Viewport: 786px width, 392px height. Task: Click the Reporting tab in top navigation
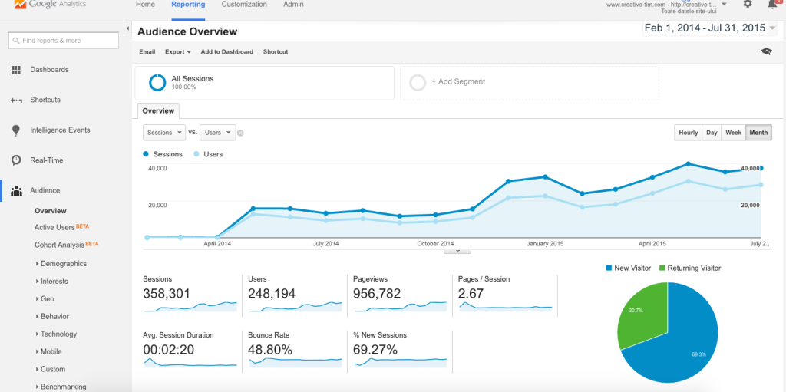(x=188, y=5)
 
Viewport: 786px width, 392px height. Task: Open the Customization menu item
(x=244, y=5)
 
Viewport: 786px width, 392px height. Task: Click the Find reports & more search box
(x=63, y=41)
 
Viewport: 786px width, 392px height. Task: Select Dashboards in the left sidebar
(x=49, y=70)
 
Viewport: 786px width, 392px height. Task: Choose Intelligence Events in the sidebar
(x=60, y=130)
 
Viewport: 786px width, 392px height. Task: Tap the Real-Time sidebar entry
(x=46, y=160)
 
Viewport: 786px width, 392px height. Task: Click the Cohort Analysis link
(x=59, y=245)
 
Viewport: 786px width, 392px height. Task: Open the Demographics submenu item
(x=63, y=264)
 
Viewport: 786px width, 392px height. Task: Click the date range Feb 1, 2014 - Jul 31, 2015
(x=705, y=28)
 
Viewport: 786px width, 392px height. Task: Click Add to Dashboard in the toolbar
(x=226, y=52)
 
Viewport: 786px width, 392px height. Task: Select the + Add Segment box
(x=529, y=82)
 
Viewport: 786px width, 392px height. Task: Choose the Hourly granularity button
(x=688, y=133)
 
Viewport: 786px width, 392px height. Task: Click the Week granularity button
(x=733, y=133)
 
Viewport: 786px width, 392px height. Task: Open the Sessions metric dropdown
(x=164, y=133)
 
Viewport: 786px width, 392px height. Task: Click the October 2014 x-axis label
(x=435, y=244)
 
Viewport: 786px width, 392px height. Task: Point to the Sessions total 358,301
(x=167, y=294)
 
